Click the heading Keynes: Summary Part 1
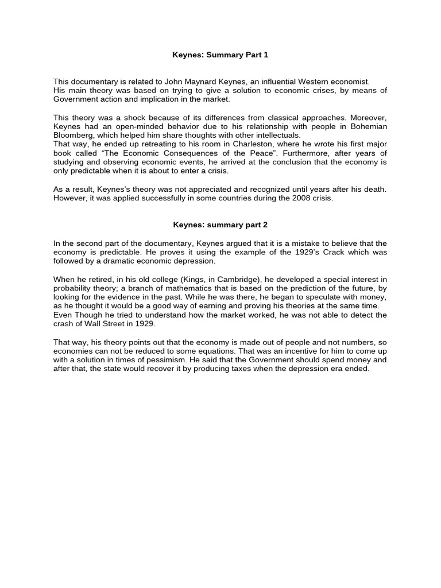pyautogui.click(x=220, y=55)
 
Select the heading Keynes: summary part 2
pyautogui.click(x=220, y=225)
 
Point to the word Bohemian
pyautogui.click(x=365, y=126)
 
